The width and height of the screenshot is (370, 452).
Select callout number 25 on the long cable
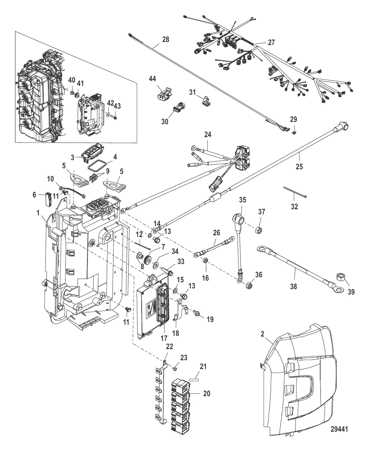pyautogui.click(x=300, y=167)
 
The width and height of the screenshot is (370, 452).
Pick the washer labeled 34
pyautogui.click(x=157, y=263)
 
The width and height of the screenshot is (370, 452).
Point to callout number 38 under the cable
pyautogui.click(x=293, y=286)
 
